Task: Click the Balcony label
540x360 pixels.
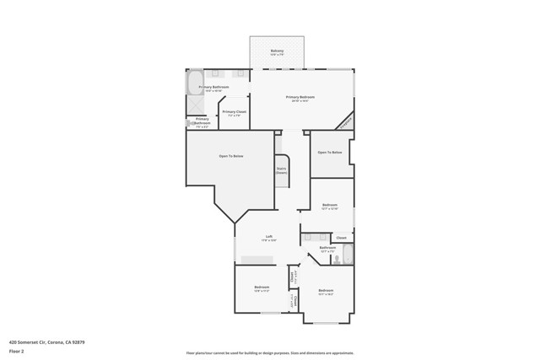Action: [x=277, y=51]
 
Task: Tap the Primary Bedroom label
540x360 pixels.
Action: [x=300, y=98]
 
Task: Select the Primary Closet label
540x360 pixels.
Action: [x=234, y=112]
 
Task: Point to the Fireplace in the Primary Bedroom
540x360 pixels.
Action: [x=345, y=123]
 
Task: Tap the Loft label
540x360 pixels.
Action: [x=268, y=237]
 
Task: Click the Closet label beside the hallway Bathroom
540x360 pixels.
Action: [x=341, y=238]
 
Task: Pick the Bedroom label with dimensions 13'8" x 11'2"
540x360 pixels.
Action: [x=261, y=287]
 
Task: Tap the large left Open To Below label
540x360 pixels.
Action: [x=231, y=156]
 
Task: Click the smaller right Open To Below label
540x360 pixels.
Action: [x=329, y=153]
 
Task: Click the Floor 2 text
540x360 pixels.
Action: [x=16, y=352]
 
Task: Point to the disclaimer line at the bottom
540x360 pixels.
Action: [x=269, y=353]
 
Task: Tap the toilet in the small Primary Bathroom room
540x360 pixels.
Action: [x=190, y=123]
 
